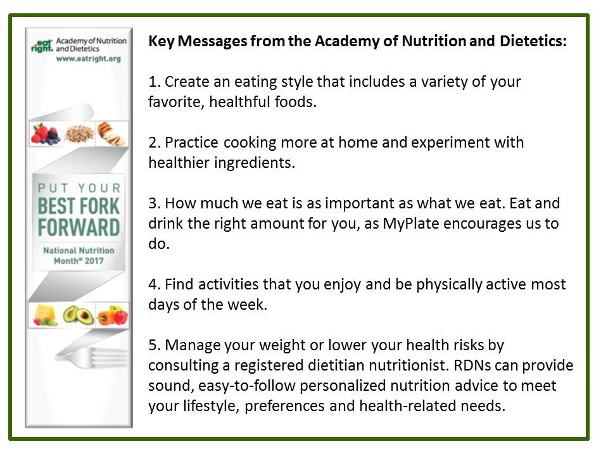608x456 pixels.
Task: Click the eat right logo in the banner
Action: (x=42, y=46)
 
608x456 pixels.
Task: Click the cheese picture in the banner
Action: (x=45, y=314)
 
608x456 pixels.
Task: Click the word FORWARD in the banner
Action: (x=79, y=227)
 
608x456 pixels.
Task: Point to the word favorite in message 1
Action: (x=173, y=102)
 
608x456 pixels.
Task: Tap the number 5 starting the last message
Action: (x=152, y=345)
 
